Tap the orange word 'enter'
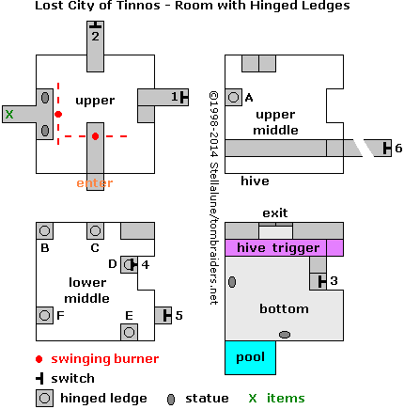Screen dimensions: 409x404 [x=95, y=183]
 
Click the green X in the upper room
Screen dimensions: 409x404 [x=9, y=114]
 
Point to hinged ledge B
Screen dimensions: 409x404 [x=44, y=231]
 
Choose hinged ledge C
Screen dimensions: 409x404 [x=95, y=231]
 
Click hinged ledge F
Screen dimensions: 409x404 [x=44, y=315]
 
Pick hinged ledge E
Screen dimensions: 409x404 [x=129, y=331]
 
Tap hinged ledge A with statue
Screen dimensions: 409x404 [x=233, y=97]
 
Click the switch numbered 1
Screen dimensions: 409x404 [x=185, y=97]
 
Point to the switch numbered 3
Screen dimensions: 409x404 [x=321, y=280]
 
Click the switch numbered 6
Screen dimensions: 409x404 [x=385, y=148]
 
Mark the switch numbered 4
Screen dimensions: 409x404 [x=132, y=264]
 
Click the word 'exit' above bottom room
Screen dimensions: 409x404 [x=275, y=212]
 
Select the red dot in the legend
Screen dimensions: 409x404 [x=39, y=359]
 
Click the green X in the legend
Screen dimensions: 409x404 [x=252, y=399]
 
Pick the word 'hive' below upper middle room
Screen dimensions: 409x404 [x=255, y=181]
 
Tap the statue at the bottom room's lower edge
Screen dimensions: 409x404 [x=285, y=335]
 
